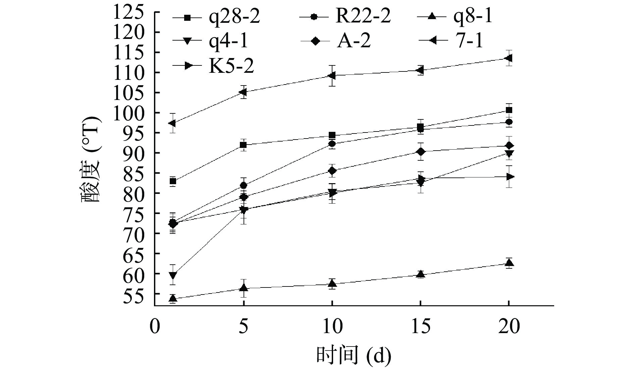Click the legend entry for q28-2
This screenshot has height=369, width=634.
[216, 17]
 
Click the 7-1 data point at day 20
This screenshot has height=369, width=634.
[509, 58]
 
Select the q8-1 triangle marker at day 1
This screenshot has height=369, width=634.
[173, 298]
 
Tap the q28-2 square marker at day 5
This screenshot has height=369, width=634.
[244, 145]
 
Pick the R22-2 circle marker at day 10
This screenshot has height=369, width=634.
[332, 144]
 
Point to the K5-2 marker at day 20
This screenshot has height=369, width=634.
[509, 176]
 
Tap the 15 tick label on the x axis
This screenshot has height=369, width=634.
[420, 326]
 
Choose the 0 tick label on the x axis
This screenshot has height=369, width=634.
[155, 326]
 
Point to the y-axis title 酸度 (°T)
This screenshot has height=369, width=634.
[90, 160]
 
